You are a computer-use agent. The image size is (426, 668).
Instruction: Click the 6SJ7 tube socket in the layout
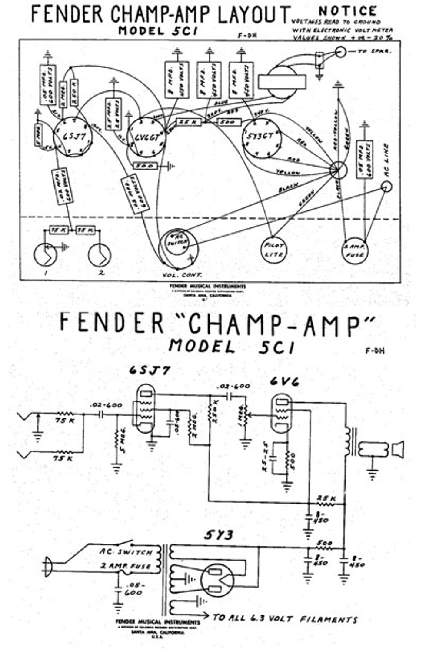[x=73, y=137]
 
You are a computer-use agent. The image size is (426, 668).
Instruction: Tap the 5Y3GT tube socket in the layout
[x=262, y=137]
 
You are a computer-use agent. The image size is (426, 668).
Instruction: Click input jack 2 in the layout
[x=100, y=256]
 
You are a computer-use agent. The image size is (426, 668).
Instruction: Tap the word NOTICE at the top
[x=348, y=10]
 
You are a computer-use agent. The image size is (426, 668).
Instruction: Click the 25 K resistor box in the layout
[x=188, y=123]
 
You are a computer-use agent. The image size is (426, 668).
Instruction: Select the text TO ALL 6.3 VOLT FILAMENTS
[x=285, y=618]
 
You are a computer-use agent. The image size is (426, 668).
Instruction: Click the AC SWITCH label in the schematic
[x=126, y=552]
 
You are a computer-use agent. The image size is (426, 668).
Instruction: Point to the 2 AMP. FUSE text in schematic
[x=125, y=566]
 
